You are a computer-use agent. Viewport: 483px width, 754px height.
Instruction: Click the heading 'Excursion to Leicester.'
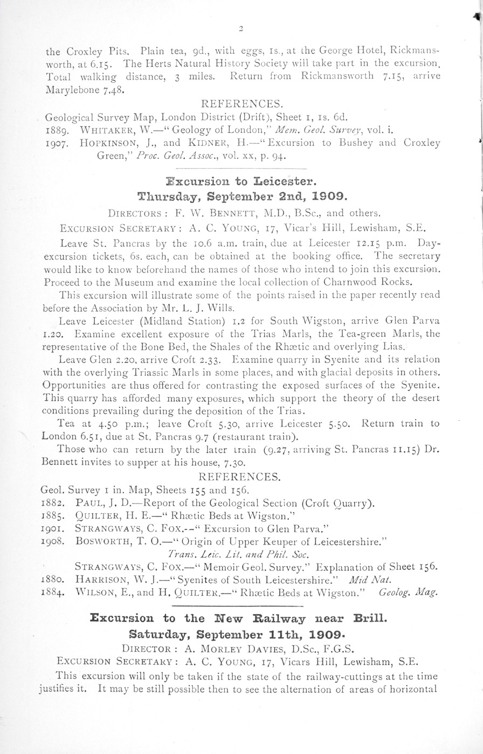[241, 180]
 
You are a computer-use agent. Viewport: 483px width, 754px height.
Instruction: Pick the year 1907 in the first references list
[56, 143]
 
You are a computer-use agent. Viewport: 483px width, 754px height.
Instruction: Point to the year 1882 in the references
[53, 504]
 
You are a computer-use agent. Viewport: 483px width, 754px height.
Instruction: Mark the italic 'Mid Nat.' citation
[366, 580]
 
